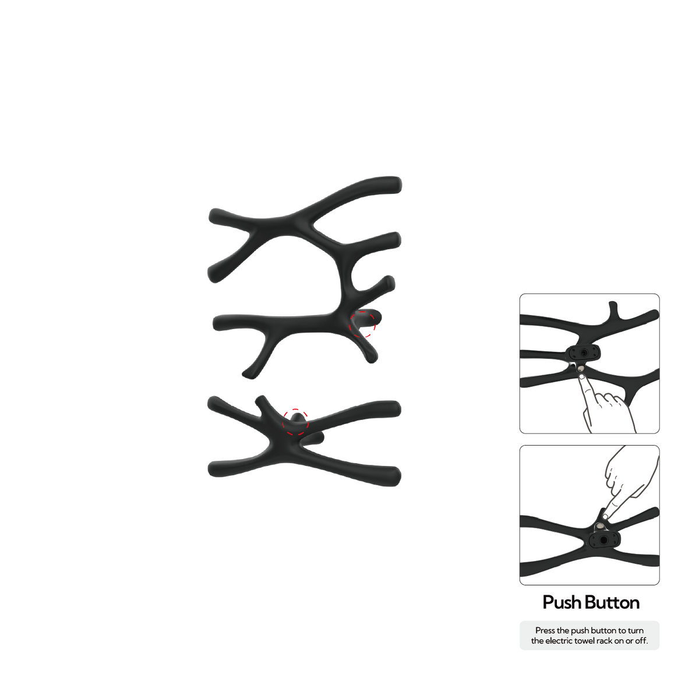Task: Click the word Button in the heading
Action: point(612,602)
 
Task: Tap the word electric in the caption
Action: point(557,641)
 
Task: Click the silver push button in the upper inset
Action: point(581,369)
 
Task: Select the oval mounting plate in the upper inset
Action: point(583,352)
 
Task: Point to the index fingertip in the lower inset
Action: point(605,516)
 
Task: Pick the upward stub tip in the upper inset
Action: point(613,303)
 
